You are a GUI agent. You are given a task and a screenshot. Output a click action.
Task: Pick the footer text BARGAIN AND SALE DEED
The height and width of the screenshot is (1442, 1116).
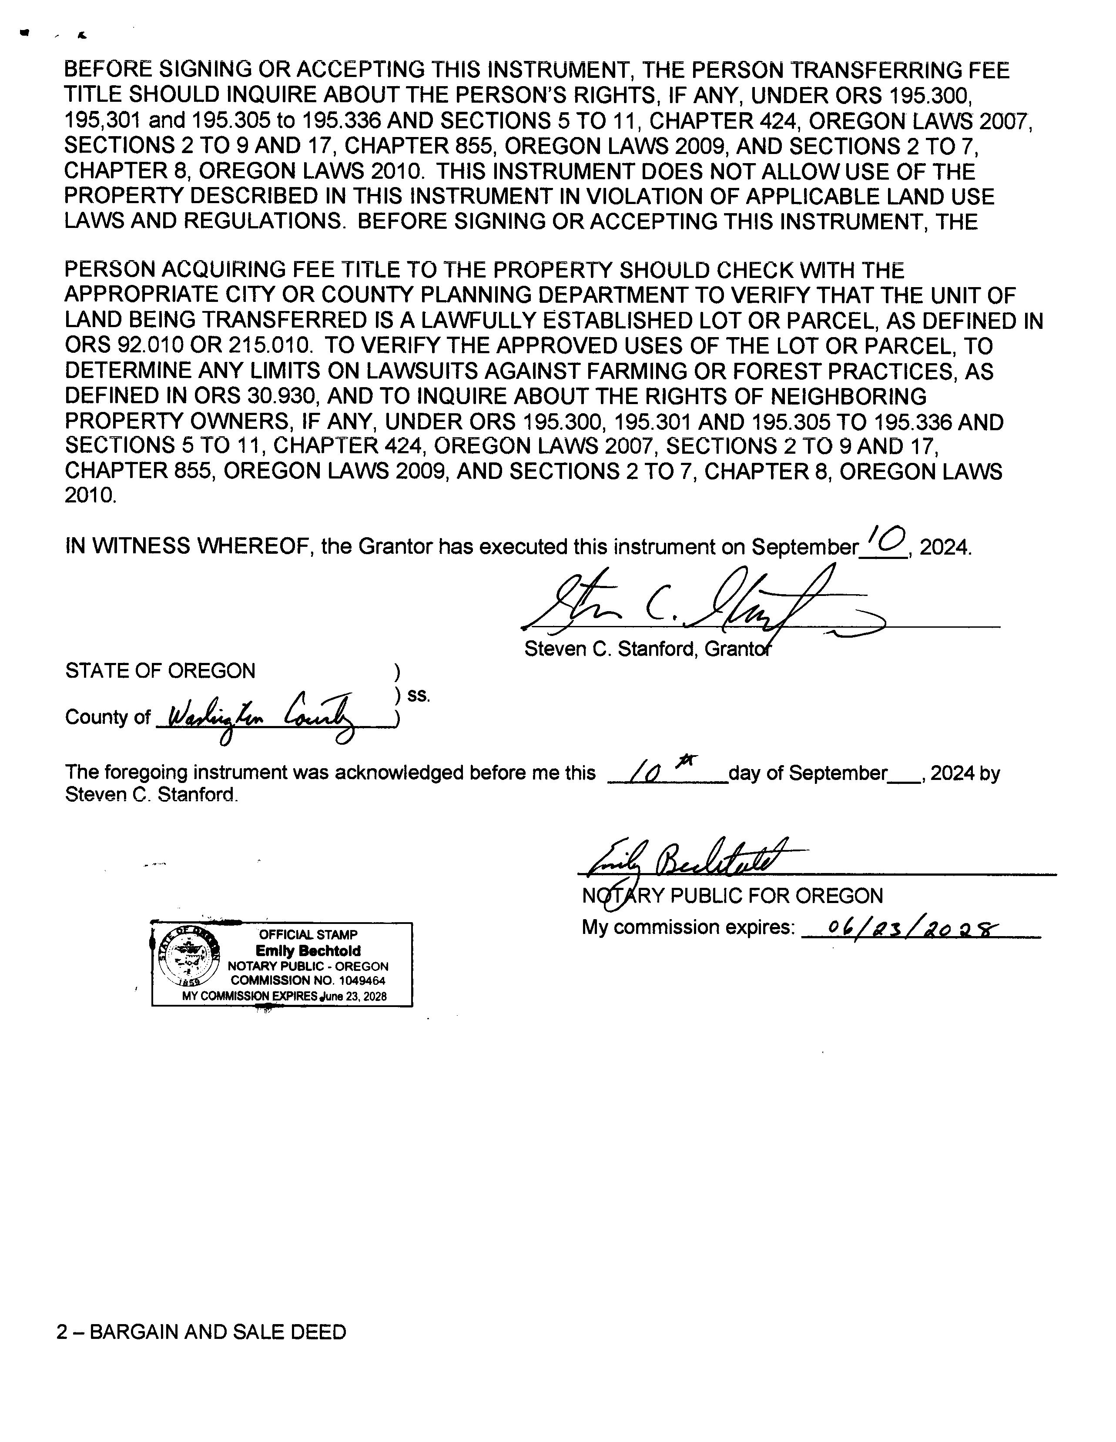click(217, 1332)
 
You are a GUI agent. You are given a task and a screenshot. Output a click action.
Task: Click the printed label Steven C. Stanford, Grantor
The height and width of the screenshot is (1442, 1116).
click(647, 650)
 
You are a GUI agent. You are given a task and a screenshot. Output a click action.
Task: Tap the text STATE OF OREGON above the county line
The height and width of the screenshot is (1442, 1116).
click(160, 671)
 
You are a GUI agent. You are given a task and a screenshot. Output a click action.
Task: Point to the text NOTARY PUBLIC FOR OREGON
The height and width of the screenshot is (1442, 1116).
click(732, 896)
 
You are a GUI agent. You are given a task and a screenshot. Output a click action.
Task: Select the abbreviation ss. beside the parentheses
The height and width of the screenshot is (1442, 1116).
click(419, 695)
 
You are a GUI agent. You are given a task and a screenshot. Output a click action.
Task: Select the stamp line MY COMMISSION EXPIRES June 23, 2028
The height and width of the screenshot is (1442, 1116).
click(284, 996)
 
